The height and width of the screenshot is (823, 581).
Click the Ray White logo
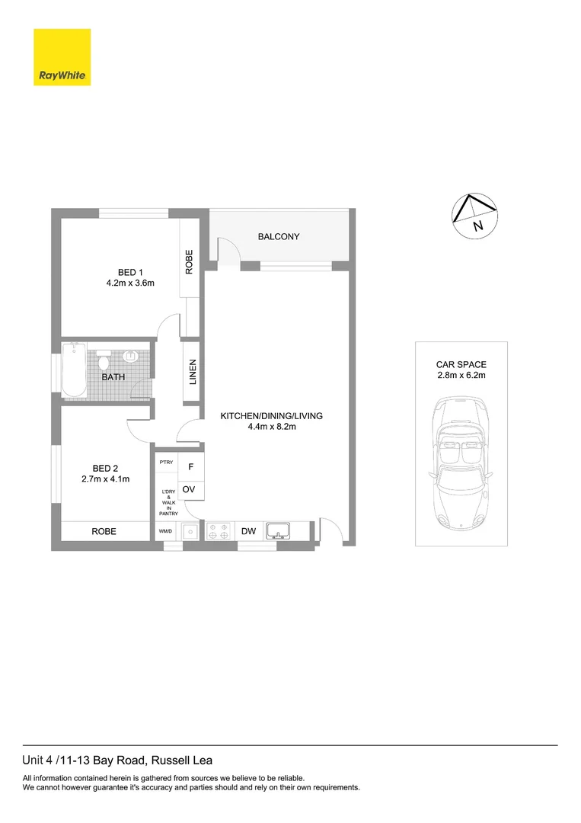[62, 57]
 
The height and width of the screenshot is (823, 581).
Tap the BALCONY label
[279, 237]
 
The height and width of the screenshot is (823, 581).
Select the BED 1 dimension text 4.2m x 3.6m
[130, 283]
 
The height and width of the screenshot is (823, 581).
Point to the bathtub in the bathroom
[75, 370]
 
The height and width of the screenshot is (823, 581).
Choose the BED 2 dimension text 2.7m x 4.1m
[105, 479]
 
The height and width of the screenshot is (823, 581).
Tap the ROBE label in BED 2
[104, 531]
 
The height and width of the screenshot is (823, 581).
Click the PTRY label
[165, 463]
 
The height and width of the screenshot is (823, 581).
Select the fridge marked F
[191, 466]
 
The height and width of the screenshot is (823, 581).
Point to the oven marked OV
[190, 488]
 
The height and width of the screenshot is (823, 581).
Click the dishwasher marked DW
[248, 531]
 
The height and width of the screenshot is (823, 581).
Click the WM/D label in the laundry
[164, 531]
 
